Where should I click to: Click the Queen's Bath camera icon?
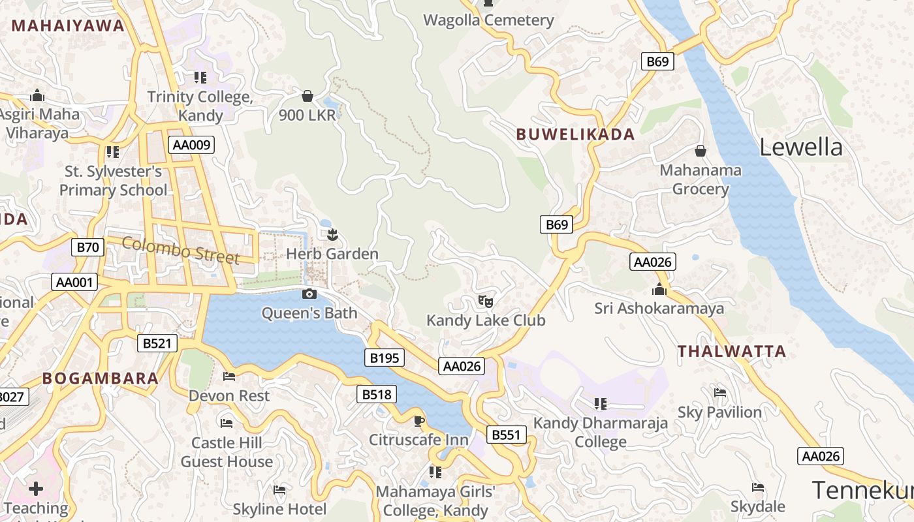pos(309,294)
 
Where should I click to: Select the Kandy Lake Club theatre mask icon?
pos(485,301)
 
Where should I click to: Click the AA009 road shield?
pos(191,145)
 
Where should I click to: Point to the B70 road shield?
pos(87,247)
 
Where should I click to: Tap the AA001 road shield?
pos(75,283)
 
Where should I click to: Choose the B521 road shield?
pos(157,343)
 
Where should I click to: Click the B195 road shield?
pos(384,358)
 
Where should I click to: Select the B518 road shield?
pos(377,394)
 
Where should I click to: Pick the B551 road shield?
pos(506,435)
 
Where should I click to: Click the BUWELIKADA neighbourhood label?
pos(575,134)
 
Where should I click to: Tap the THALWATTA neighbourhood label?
pos(731,352)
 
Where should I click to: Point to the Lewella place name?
pos(800,147)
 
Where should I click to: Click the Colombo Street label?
pos(181,251)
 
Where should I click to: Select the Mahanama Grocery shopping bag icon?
pos(701,151)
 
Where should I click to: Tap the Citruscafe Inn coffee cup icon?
pos(418,420)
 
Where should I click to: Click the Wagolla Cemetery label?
pos(488,20)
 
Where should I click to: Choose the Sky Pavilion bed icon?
pos(720,392)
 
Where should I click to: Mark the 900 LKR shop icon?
pos(307,97)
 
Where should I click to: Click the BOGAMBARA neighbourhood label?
pos(101,378)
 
